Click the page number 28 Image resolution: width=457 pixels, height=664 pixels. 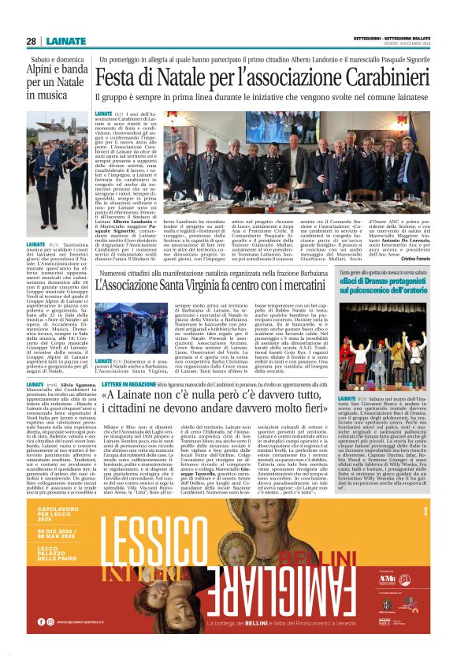click(31, 41)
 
